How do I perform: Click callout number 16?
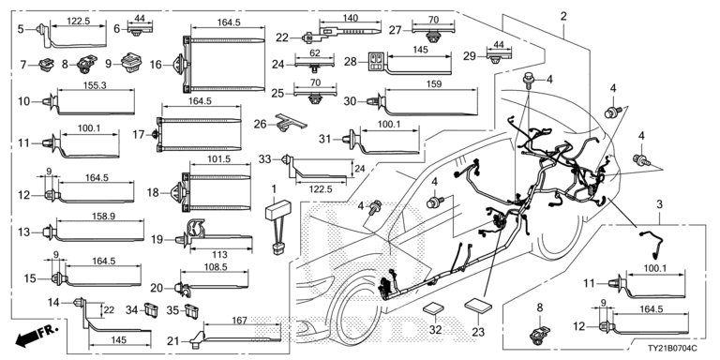click(x=156, y=65)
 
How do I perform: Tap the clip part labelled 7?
click(x=45, y=65)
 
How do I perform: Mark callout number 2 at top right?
click(x=563, y=16)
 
